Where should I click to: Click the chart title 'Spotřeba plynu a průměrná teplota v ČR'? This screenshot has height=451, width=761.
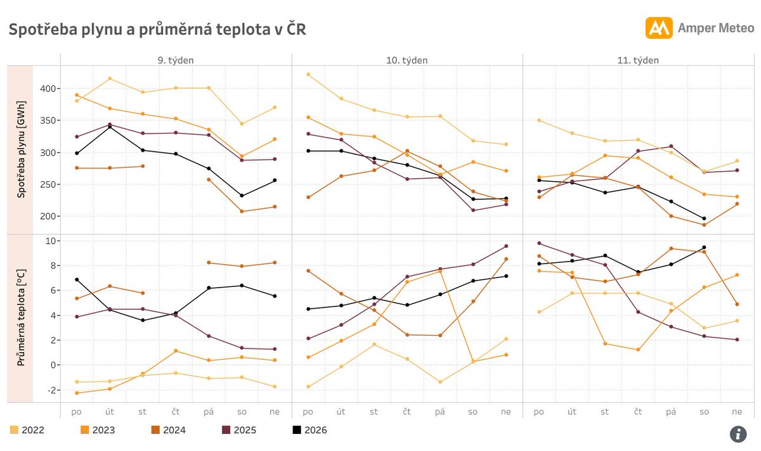157,29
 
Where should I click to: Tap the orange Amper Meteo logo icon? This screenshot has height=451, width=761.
658,28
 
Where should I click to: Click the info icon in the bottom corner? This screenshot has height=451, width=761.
738,434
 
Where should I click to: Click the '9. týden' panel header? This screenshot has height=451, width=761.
176,60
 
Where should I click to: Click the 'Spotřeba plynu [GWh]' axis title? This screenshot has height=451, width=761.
22,149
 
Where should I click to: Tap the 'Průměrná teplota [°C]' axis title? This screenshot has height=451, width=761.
22,318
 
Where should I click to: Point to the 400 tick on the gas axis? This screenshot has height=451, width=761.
46,88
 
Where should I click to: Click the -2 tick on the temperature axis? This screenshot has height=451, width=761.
49,390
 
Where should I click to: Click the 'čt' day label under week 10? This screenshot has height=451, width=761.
407,412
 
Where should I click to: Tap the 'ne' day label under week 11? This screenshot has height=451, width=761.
737,412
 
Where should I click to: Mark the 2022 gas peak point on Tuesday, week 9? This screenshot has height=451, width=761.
110,79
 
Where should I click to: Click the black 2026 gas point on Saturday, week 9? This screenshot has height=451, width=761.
242,196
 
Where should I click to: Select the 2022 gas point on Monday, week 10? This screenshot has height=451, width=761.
308,74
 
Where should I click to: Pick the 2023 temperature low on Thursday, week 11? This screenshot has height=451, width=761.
638,350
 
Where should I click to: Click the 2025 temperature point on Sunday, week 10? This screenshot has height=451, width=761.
506,246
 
